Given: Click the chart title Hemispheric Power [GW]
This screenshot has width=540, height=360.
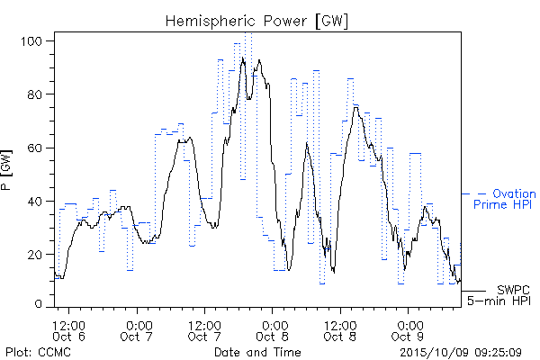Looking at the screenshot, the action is point(256,22).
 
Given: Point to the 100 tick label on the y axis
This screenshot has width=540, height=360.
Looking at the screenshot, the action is point(31,41).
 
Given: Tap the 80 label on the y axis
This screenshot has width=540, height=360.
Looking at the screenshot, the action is point(34,94).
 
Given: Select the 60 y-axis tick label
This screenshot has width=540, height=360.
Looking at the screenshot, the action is point(34,148).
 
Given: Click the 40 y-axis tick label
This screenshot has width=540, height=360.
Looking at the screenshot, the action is point(34,202).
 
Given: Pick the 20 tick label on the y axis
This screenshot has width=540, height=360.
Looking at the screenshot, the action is point(34,255).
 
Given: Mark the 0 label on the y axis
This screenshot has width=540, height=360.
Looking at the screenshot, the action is point(39,304).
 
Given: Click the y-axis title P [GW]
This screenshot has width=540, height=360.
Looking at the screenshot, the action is point(6,170).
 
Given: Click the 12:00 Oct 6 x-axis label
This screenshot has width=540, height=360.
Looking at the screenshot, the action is point(68,330).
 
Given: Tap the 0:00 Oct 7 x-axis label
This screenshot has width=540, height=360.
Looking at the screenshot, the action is point(137,330).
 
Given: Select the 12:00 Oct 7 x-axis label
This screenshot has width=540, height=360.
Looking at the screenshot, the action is point(204,330).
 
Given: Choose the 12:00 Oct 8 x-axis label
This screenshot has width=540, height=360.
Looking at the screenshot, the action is point(340,330).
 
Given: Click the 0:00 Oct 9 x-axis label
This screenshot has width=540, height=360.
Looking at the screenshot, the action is point(408,330).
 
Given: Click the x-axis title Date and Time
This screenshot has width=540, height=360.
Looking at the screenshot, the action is point(257,352).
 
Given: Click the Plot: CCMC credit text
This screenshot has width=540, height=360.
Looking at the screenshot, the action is point(38,352).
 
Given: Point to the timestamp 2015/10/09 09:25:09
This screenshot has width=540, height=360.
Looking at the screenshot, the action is point(461,353).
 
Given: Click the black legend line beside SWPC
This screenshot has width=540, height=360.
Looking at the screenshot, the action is point(473,291).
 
